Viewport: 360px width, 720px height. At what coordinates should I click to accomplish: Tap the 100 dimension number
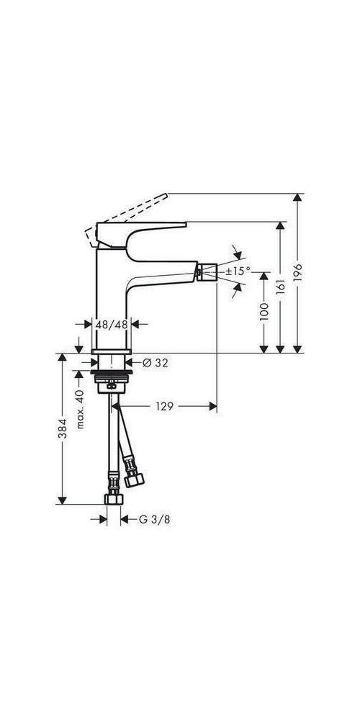click(264, 311)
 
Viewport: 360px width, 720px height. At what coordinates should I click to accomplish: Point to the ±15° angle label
click(238, 271)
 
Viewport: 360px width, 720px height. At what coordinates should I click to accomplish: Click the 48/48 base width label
click(112, 325)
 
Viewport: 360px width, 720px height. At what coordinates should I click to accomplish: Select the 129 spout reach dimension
click(164, 407)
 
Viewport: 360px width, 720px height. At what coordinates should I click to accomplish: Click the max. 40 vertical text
click(81, 408)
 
